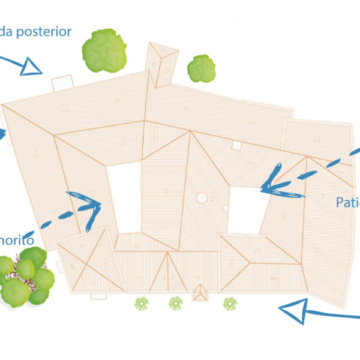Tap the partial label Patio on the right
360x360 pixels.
pos(347,202)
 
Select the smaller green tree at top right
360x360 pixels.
pos(201,68)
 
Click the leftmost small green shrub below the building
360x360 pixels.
pos(142,304)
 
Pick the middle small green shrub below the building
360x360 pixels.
pos(175,304)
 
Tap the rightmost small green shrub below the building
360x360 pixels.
pos(229,304)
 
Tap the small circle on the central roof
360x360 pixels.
pos(202,197)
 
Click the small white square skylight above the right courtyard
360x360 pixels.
pos(236,145)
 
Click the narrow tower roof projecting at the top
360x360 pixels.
pos(162,63)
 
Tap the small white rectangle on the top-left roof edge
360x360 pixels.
pos(62,83)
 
